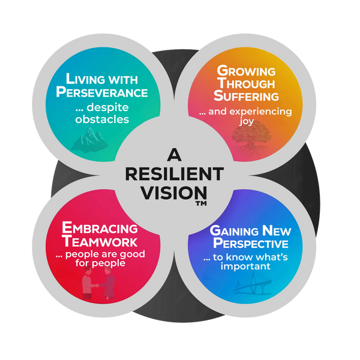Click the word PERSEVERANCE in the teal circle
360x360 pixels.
click(102, 93)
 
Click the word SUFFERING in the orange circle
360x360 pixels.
click(247, 96)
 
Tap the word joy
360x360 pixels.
click(246, 121)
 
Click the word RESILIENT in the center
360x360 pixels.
click(173, 175)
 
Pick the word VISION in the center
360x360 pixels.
click(173, 193)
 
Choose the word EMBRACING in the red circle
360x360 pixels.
click(100, 229)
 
